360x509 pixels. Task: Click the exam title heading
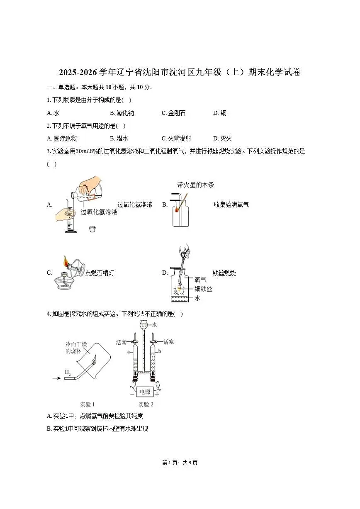pos(180,73)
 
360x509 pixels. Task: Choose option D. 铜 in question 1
pos(220,113)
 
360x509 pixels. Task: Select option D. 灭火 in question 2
pos(220,139)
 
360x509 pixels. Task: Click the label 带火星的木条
pos(195,185)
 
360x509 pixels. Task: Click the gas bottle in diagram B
pos(180,214)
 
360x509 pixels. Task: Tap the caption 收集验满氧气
pos(231,205)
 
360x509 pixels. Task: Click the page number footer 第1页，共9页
pos(180,463)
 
